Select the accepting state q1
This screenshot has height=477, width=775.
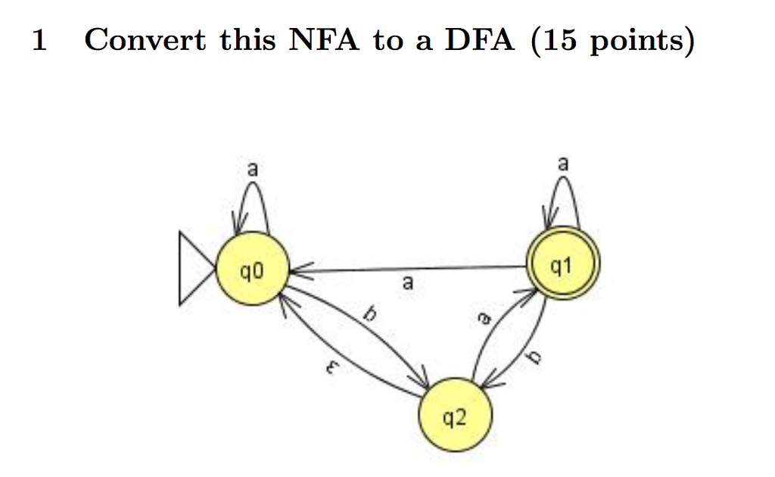tap(559, 266)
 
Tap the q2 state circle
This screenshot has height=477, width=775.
tap(456, 417)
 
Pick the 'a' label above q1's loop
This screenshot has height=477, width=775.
tap(562, 163)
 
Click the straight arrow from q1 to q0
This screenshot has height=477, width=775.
tap(409, 269)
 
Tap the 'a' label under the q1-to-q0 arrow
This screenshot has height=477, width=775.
tap(408, 285)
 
